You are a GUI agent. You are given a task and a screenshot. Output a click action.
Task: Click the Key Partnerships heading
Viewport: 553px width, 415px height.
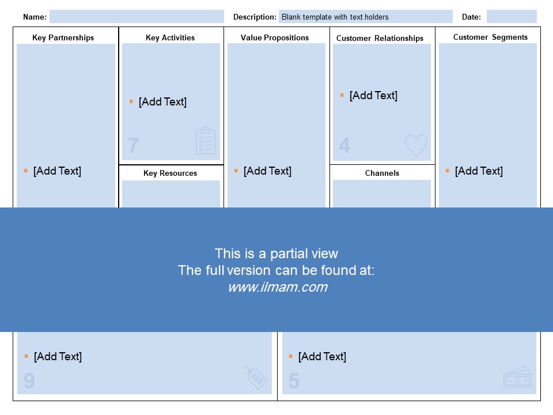pyautogui.click(x=63, y=38)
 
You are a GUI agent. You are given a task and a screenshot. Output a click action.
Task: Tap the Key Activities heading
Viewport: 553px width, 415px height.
pyautogui.click(x=170, y=38)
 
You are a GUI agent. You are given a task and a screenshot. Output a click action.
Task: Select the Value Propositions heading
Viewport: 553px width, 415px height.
pyautogui.click(x=275, y=38)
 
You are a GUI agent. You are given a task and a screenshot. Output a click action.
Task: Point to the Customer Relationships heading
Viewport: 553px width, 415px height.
pyautogui.click(x=380, y=38)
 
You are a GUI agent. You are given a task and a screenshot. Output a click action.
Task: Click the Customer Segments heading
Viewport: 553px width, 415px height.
pyautogui.click(x=490, y=37)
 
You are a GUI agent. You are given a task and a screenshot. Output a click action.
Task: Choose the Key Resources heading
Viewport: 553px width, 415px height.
pyautogui.click(x=170, y=173)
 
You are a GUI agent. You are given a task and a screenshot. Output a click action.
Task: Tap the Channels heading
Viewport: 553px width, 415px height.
pyautogui.click(x=382, y=173)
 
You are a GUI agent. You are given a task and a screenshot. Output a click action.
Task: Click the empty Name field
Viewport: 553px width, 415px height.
pyautogui.click(x=137, y=17)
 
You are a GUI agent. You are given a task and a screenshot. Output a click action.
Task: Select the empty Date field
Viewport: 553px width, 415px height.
pyautogui.click(x=512, y=17)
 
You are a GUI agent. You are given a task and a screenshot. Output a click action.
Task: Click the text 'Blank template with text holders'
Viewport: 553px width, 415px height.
pyautogui.click(x=335, y=17)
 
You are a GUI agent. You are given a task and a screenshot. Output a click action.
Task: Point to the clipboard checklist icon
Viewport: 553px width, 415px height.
pyautogui.click(x=206, y=141)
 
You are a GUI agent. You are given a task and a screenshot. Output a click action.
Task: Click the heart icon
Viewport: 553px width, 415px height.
pyautogui.click(x=416, y=145)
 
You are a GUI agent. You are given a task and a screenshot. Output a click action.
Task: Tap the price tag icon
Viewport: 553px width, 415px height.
pyautogui.click(x=256, y=377)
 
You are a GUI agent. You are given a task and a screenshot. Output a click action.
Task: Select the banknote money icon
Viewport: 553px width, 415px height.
pyautogui.click(x=517, y=377)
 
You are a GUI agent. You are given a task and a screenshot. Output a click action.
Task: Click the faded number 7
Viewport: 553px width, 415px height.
pyautogui.click(x=133, y=145)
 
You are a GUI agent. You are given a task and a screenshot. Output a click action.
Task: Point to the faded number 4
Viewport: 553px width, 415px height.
pyautogui.click(x=344, y=145)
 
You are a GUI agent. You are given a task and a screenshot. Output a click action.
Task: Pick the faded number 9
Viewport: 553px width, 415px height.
pyautogui.click(x=29, y=381)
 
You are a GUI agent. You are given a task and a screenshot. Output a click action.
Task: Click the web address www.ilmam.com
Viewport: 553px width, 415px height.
pyautogui.click(x=278, y=287)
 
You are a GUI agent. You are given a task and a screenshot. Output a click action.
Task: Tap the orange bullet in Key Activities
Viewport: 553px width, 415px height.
pyautogui.click(x=131, y=101)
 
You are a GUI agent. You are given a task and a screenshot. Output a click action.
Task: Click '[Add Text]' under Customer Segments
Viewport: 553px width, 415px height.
pyautogui.click(x=479, y=171)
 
